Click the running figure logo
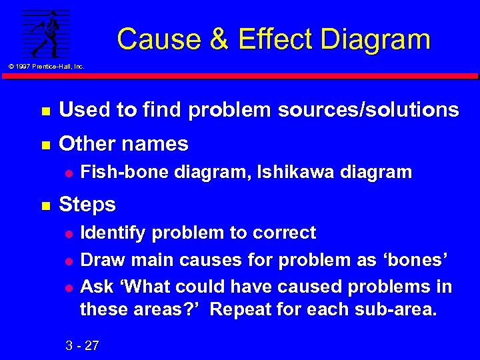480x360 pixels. click(x=45, y=34)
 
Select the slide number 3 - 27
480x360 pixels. click(x=83, y=345)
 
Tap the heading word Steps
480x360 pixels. click(x=87, y=204)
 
